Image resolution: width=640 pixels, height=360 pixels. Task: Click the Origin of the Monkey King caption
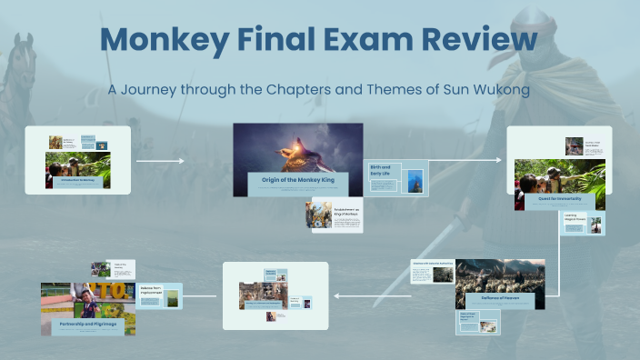pyautogui.click(x=296, y=180)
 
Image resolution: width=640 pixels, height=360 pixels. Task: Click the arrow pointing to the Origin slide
pyautogui.click(x=161, y=160)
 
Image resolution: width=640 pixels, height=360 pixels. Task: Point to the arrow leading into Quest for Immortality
pyautogui.click(x=464, y=160)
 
